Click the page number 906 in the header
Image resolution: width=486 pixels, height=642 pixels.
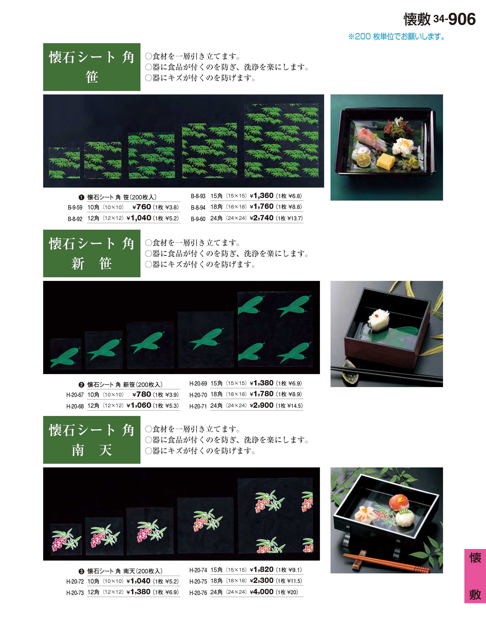click(462, 19)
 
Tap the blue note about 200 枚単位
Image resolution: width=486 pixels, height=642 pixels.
click(396, 37)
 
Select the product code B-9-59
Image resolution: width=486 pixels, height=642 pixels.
click(75, 208)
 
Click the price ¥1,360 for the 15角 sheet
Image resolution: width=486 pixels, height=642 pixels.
click(261, 196)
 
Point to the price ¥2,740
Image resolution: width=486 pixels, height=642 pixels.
click(261, 218)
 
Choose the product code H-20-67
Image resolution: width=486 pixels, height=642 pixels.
click(75, 395)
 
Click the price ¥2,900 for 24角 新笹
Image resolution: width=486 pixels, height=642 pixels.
click(261, 405)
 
